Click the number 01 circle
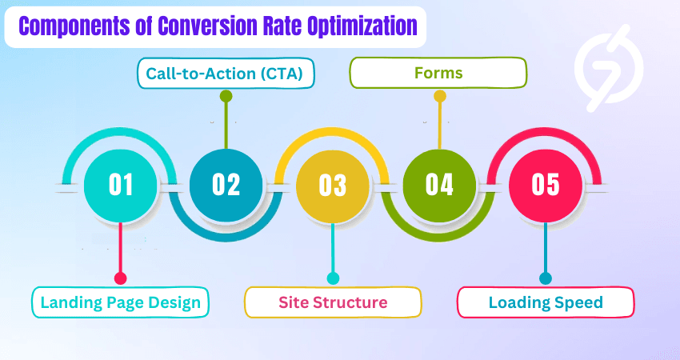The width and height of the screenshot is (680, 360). pos(121,185)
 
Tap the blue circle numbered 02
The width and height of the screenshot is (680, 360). pos(226,185)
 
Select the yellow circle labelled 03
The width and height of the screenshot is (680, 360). pos(333,185)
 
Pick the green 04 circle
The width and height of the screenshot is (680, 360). pos(439,185)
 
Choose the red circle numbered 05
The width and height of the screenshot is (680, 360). pos(546,185)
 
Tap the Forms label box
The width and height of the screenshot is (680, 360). pos(439,74)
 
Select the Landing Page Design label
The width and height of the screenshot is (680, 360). pos(121,302)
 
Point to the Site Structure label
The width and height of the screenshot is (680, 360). pos(333,302)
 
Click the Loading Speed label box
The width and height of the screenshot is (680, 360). pos(546,302)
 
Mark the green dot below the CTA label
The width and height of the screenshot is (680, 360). pos(226,96)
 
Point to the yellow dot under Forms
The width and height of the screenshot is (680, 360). pos(439,96)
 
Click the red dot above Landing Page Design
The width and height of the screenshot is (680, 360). pos(121,278)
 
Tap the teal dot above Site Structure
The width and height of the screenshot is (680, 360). pos(333,278)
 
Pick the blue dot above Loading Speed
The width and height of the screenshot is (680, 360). pos(546,278)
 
